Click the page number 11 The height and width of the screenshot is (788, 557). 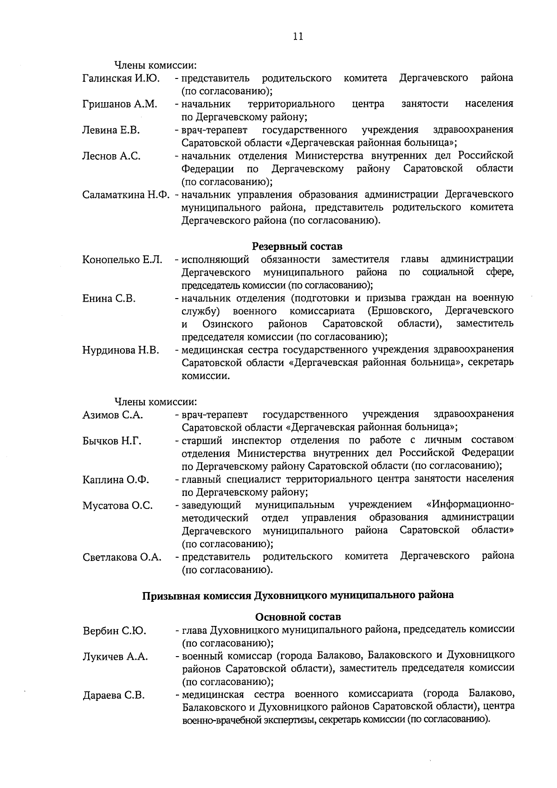click(298, 37)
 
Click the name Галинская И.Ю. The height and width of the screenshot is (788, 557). click(121, 78)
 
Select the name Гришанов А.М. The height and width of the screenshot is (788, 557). click(120, 104)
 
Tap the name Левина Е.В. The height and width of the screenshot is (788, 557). click(111, 130)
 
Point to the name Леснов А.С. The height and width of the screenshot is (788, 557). click(111, 156)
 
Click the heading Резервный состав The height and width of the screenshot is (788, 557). click(297, 246)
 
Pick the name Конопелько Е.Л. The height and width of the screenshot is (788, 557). click(122, 260)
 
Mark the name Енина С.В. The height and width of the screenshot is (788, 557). click(109, 299)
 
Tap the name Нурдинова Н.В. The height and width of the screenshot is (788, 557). click(121, 350)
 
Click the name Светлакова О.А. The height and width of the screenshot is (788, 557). click(122, 557)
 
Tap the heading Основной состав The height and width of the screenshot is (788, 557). click(298, 617)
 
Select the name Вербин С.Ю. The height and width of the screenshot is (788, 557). click(114, 631)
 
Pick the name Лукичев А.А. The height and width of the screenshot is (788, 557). click(115, 657)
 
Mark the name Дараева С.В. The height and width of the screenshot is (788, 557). click(114, 696)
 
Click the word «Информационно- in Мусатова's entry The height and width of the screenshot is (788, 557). click(470, 504)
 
